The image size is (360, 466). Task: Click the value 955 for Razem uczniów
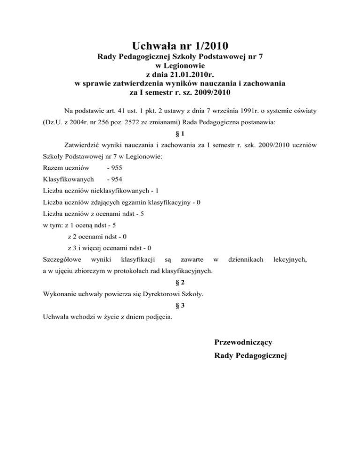pyautogui.click(x=112, y=167)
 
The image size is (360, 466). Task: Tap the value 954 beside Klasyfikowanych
pyautogui.click(x=112, y=179)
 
